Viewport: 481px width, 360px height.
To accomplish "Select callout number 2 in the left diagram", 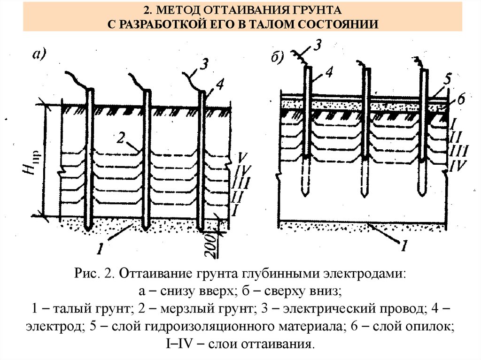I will pyautogui.click(x=121, y=138).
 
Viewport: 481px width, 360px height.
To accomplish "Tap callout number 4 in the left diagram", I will pyautogui.click(x=220, y=85).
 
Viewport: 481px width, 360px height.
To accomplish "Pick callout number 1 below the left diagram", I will pyautogui.click(x=100, y=248).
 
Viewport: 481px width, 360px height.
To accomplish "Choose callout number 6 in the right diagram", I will pyautogui.click(x=460, y=101).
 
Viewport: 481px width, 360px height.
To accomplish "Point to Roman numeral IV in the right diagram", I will pyautogui.click(x=458, y=166).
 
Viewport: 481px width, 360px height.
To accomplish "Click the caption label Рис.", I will pyautogui.click(x=85, y=274).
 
